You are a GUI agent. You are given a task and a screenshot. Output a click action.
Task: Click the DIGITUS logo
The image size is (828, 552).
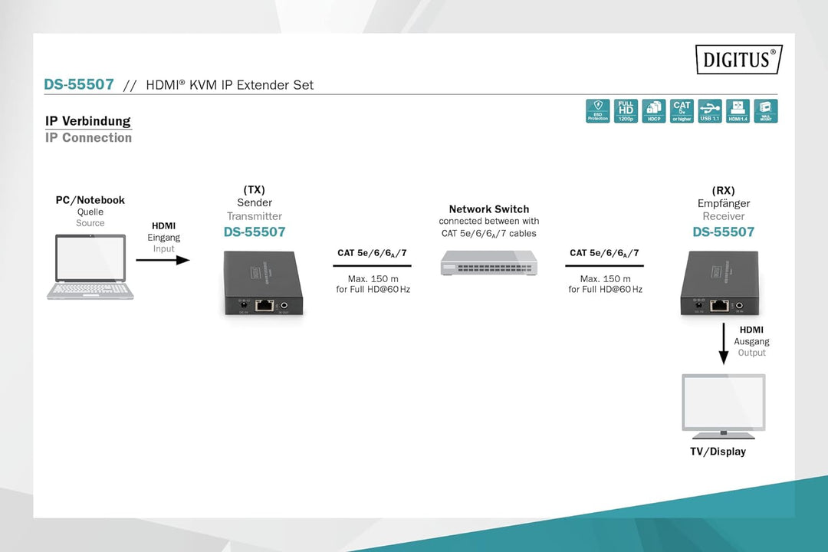tap(738, 59)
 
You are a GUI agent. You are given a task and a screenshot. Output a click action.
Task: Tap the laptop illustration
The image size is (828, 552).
tap(90, 266)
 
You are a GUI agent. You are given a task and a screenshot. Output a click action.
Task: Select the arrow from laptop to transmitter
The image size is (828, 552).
tap(163, 260)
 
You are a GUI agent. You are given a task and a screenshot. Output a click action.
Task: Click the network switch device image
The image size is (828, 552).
tap(489, 262)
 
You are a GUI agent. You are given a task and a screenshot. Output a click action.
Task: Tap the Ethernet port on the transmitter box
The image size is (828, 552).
tap(264, 304)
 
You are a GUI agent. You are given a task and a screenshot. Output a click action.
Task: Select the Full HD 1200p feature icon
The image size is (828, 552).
tap(626, 111)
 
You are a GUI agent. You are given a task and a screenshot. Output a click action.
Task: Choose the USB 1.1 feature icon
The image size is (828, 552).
tap(710, 111)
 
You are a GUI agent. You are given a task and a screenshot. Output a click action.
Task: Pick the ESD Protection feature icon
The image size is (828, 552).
tap(597, 111)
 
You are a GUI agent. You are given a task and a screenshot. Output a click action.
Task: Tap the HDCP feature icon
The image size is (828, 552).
tap(653, 111)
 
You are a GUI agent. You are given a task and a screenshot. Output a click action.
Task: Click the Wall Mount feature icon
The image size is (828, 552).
tap(765, 111)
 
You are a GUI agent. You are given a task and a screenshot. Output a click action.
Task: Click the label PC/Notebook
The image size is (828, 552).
tap(90, 200)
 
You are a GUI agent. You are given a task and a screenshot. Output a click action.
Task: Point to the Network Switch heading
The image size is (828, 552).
tap(489, 209)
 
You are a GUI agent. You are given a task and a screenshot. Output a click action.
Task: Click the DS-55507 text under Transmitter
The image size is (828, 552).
tap(255, 232)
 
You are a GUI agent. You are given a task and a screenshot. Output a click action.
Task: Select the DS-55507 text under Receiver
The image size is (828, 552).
tap(723, 232)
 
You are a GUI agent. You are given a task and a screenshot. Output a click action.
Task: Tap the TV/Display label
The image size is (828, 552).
tap(718, 452)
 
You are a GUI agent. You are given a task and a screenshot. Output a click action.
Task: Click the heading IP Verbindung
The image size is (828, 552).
tap(88, 121)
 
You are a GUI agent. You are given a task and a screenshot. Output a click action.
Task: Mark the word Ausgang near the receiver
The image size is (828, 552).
tap(751, 341)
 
